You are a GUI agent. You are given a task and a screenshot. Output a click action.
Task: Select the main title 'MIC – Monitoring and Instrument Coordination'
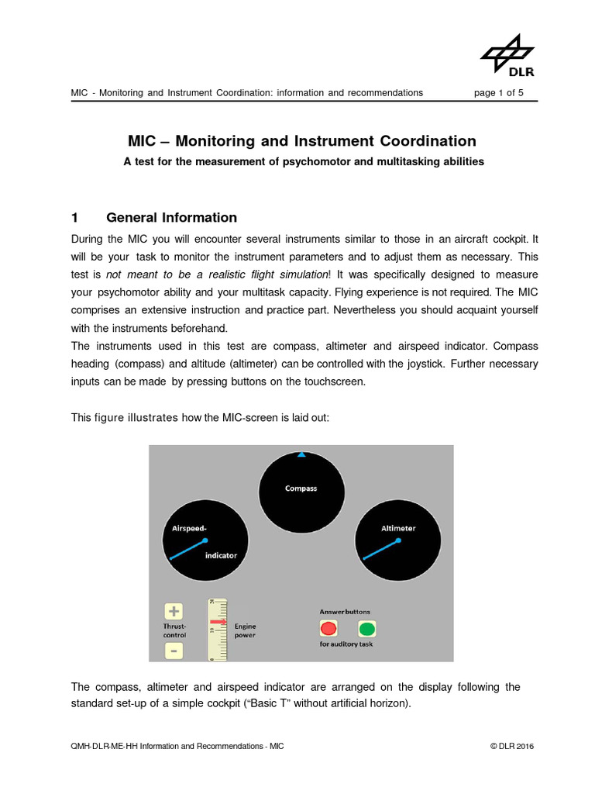(301, 141)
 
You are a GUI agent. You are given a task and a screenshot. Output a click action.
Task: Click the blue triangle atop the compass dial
(301, 455)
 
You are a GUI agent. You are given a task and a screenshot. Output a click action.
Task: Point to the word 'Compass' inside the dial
(301, 488)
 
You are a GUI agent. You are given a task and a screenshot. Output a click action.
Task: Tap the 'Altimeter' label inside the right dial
(398, 528)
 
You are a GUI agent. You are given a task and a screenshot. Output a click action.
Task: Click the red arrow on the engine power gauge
(217, 622)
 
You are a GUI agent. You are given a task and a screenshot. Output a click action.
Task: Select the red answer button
(329, 628)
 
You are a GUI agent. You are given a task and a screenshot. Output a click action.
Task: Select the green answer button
(367, 628)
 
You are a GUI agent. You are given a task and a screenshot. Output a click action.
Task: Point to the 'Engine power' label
(246, 630)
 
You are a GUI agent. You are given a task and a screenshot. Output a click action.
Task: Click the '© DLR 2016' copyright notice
(511, 746)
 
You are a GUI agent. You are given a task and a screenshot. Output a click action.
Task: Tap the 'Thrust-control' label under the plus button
(175, 630)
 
